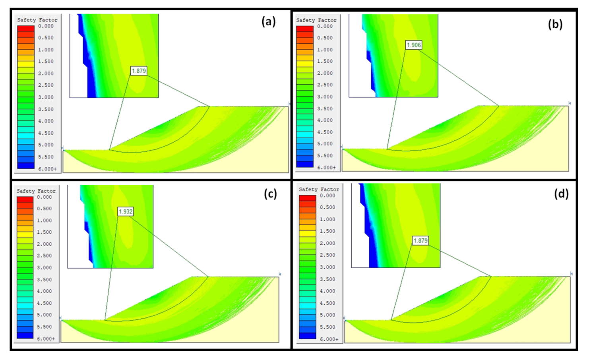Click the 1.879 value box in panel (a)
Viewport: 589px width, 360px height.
[x=139, y=71]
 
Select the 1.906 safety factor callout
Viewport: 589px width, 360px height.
[x=413, y=45]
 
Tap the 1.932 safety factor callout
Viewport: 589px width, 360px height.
[x=126, y=212]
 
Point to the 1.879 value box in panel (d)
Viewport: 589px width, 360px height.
[x=420, y=241]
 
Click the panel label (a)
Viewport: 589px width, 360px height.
[x=269, y=21]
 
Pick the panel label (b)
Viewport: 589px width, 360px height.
[x=555, y=24]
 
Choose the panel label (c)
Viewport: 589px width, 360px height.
[x=270, y=194]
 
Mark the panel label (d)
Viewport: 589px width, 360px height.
[x=561, y=194]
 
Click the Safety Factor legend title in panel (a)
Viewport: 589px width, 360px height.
[x=37, y=20]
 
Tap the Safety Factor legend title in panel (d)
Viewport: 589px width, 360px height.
[x=319, y=190]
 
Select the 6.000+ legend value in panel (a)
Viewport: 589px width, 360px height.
[x=47, y=169]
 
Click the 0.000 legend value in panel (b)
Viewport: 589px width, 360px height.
[x=325, y=26]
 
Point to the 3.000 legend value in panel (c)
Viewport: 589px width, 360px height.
[x=45, y=267]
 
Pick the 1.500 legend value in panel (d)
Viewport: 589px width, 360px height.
[x=327, y=231]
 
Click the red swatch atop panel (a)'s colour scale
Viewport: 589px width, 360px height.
[x=26, y=29]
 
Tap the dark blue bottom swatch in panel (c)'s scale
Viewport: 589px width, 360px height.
[x=25, y=335]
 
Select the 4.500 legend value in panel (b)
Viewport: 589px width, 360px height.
[x=325, y=132]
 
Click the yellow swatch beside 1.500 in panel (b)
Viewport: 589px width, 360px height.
[x=305, y=64]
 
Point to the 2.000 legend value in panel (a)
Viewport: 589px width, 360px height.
[x=46, y=74]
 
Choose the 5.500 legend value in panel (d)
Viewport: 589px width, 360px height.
[x=327, y=327]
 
